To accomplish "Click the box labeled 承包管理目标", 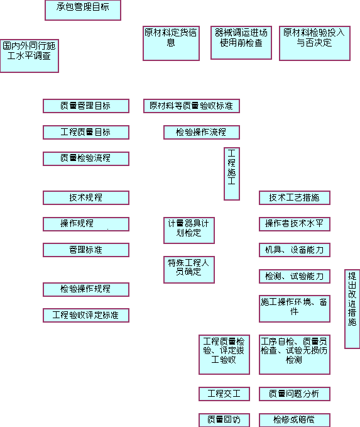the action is [x=83, y=10].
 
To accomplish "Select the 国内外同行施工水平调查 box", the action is [x=30, y=56].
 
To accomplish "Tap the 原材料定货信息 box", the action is [x=171, y=43].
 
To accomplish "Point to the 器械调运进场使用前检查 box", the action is [x=241, y=43].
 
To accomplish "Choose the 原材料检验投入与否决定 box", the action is [x=315, y=43].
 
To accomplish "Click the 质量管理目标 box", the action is [x=86, y=106].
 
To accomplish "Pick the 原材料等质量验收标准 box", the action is [x=192, y=106].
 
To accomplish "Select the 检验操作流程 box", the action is [x=202, y=132].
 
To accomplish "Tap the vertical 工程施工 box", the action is [x=232, y=174].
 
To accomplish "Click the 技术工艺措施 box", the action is [x=295, y=197].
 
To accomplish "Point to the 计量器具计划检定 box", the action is [x=189, y=230].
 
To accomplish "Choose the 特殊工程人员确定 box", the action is [x=189, y=270].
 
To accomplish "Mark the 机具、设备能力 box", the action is [x=295, y=250].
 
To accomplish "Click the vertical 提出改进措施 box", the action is [x=352, y=309].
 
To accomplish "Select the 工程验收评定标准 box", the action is [x=86, y=315].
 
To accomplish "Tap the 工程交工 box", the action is [x=224, y=394].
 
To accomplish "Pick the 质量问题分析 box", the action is [x=295, y=394].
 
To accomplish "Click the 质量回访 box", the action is [x=224, y=420].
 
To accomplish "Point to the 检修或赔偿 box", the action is [x=295, y=420].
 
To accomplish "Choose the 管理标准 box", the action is [x=86, y=250].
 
